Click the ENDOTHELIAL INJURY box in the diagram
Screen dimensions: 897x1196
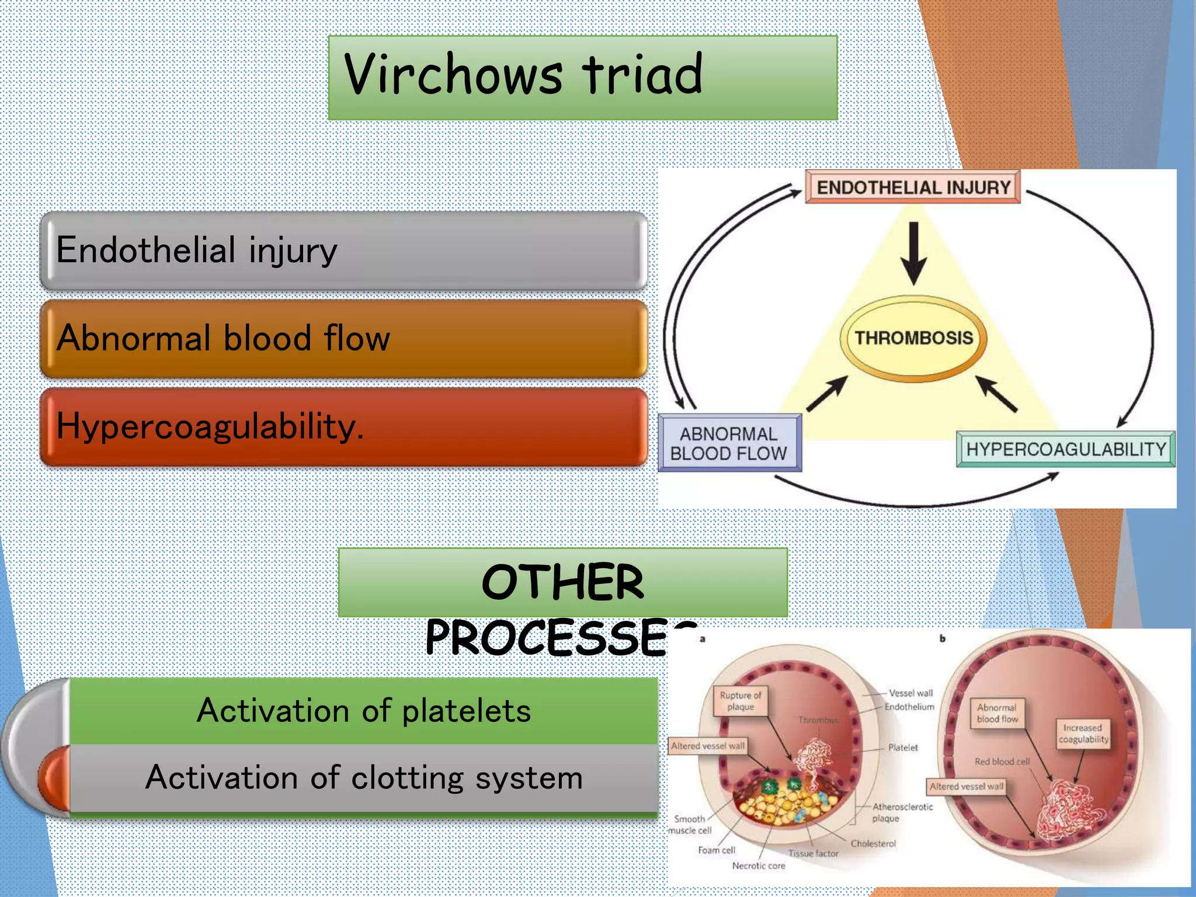pyautogui.click(x=913, y=187)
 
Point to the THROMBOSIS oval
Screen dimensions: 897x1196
pyautogui.click(x=913, y=338)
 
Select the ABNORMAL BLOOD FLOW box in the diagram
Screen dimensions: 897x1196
pyautogui.click(x=729, y=443)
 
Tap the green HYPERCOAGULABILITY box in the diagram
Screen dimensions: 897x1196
pyautogui.click(x=1065, y=449)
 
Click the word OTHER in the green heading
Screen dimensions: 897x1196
pyautogui.click(x=562, y=582)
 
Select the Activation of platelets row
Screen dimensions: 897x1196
pyautogui.click(x=363, y=711)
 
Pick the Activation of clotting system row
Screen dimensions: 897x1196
pyautogui.click(x=363, y=778)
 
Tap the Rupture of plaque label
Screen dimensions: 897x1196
pyautogui.click(x=740, y=701)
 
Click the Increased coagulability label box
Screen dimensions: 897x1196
pyautogui.click(x=1083, y=733)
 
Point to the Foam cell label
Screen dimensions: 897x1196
pyautogui.click(x=717, y=850)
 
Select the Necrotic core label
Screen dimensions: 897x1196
pyautogui.click(x=759, y=866)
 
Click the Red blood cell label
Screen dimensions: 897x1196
pyautogui.click(x=1002, y=762)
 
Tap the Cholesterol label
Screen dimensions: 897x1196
pyautogui.click(x=873, y=844)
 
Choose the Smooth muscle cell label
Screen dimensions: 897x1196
pyautogui.click(x=690, y=825)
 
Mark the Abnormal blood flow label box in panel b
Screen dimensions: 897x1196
pyautogui.click(x=997, y=713)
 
